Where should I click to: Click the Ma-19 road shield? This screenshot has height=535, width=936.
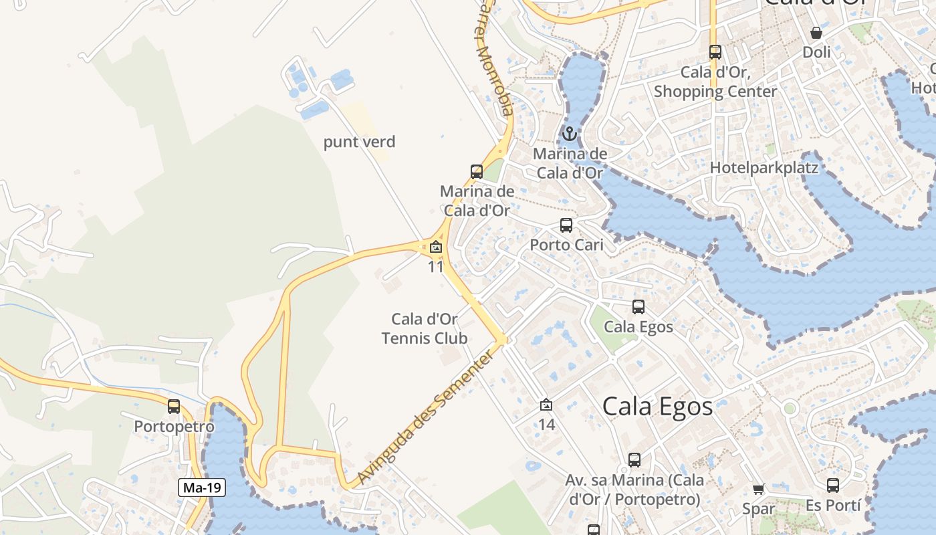[x=202, y=488]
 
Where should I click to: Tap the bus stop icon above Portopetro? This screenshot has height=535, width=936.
[x=174, y=406]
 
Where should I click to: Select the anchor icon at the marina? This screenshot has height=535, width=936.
[x=570, y=134]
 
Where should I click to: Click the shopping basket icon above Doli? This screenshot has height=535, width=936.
[x=816, y=32]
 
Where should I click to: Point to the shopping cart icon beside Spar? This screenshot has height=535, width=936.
[x=758, y=489]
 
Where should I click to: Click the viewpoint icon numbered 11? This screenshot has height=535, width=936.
[x=436, y=247]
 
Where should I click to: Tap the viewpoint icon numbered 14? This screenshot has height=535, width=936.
[x=546, y=405]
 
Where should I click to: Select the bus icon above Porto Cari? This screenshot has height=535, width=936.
[x=566, y=225]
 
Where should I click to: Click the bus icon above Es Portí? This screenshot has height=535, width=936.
[x=832, y=486]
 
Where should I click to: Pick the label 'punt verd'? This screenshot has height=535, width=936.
[x=360, y=142]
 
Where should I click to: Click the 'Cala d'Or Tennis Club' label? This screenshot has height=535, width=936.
[x=425, y=328]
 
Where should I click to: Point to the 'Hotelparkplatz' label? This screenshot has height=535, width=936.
[x=764, y=167]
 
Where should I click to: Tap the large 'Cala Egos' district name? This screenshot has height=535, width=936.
[x=657, y=406]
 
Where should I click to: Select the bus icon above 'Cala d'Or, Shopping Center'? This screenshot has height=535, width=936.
[x=715, y=52]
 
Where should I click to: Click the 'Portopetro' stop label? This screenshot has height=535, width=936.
[x=174, y=427]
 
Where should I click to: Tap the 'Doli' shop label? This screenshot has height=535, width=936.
[x=816, y=52]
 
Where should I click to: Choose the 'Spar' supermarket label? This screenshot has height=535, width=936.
[x=759, y=509]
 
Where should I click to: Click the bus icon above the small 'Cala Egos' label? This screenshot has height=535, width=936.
[x=638, y=307]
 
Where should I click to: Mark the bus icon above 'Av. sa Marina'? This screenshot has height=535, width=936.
[x=634, y=460]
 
